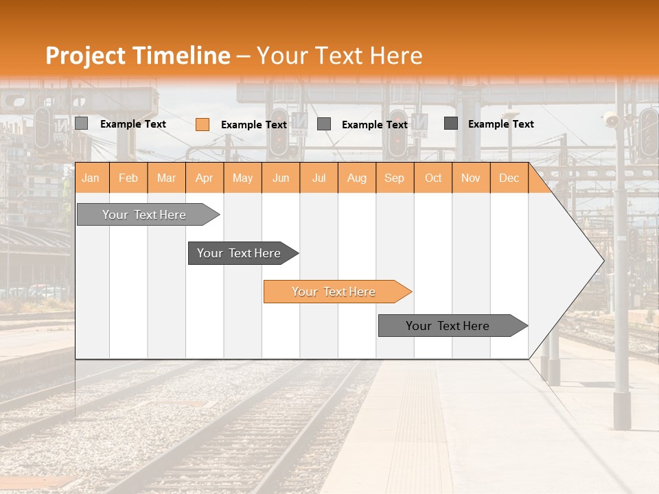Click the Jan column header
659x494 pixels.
point(91,178)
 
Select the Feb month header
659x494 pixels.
point(128,178)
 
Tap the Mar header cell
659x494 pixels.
point(166,178)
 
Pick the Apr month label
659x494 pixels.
point(205,178)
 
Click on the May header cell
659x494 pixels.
point(242,178)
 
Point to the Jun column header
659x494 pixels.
point(281,178)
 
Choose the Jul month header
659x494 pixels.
point(319,178)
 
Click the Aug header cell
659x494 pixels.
point(357,178)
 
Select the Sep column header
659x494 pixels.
point(395,178)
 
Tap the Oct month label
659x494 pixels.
point(433,178)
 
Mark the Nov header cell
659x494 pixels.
point(471,178)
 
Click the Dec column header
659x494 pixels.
point(509,178)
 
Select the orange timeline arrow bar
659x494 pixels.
point(334,292)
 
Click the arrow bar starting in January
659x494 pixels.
point(145,215)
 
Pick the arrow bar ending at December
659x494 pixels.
point(448,326)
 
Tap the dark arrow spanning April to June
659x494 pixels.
point(240,253)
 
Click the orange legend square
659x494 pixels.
point(203,124)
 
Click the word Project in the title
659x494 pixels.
point(86,56)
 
